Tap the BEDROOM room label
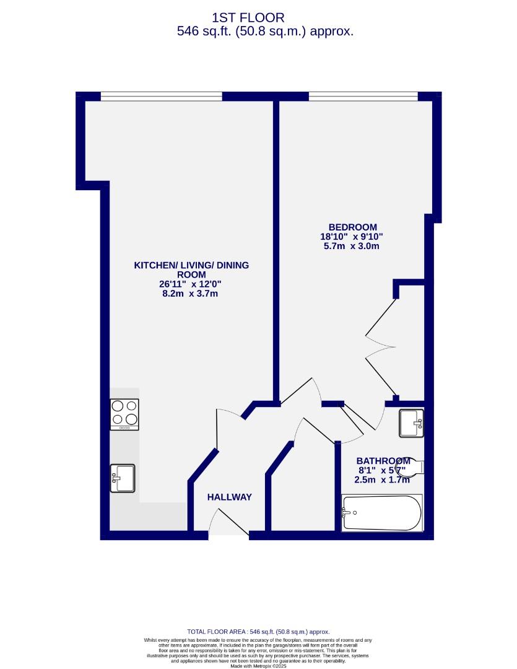pos(352,227)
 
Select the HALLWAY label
pos(230,497)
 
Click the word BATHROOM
pos(383,461)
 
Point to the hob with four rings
pos(124,414)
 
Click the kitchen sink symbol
pos(122,478)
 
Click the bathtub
pos(381,512)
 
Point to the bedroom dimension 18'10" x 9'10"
pos(352,237)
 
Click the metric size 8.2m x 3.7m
pos(191,294)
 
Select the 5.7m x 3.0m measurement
pos(352,247)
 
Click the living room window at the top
pos(161,96)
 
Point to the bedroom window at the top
pos(363,96)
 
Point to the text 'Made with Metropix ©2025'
pos(258,666)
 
